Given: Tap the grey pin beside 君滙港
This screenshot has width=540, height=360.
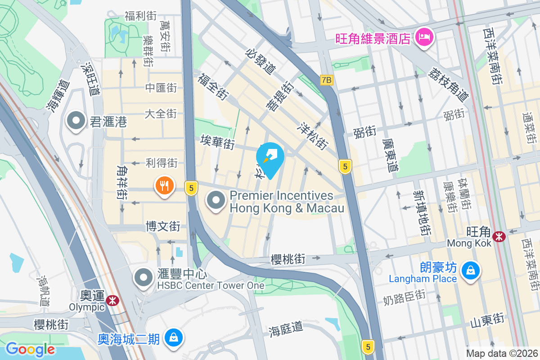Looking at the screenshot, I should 76,121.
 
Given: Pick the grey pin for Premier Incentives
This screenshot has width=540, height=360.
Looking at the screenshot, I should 216,201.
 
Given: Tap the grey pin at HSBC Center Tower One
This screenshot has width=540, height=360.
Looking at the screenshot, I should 144,278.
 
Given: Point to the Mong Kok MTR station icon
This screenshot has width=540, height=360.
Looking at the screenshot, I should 499,236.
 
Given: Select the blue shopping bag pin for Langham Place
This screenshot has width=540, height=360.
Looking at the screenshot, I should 470,270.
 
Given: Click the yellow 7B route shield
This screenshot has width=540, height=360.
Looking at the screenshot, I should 327,80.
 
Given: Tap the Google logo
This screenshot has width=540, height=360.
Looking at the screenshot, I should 30,349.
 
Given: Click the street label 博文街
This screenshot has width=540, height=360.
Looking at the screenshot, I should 163,226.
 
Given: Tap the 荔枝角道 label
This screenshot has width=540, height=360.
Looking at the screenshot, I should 449,84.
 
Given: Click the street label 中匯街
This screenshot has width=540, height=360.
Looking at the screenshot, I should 161,88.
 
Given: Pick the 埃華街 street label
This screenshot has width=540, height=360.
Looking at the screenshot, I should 218,144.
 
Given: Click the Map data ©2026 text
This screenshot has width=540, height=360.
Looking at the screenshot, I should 502,353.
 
